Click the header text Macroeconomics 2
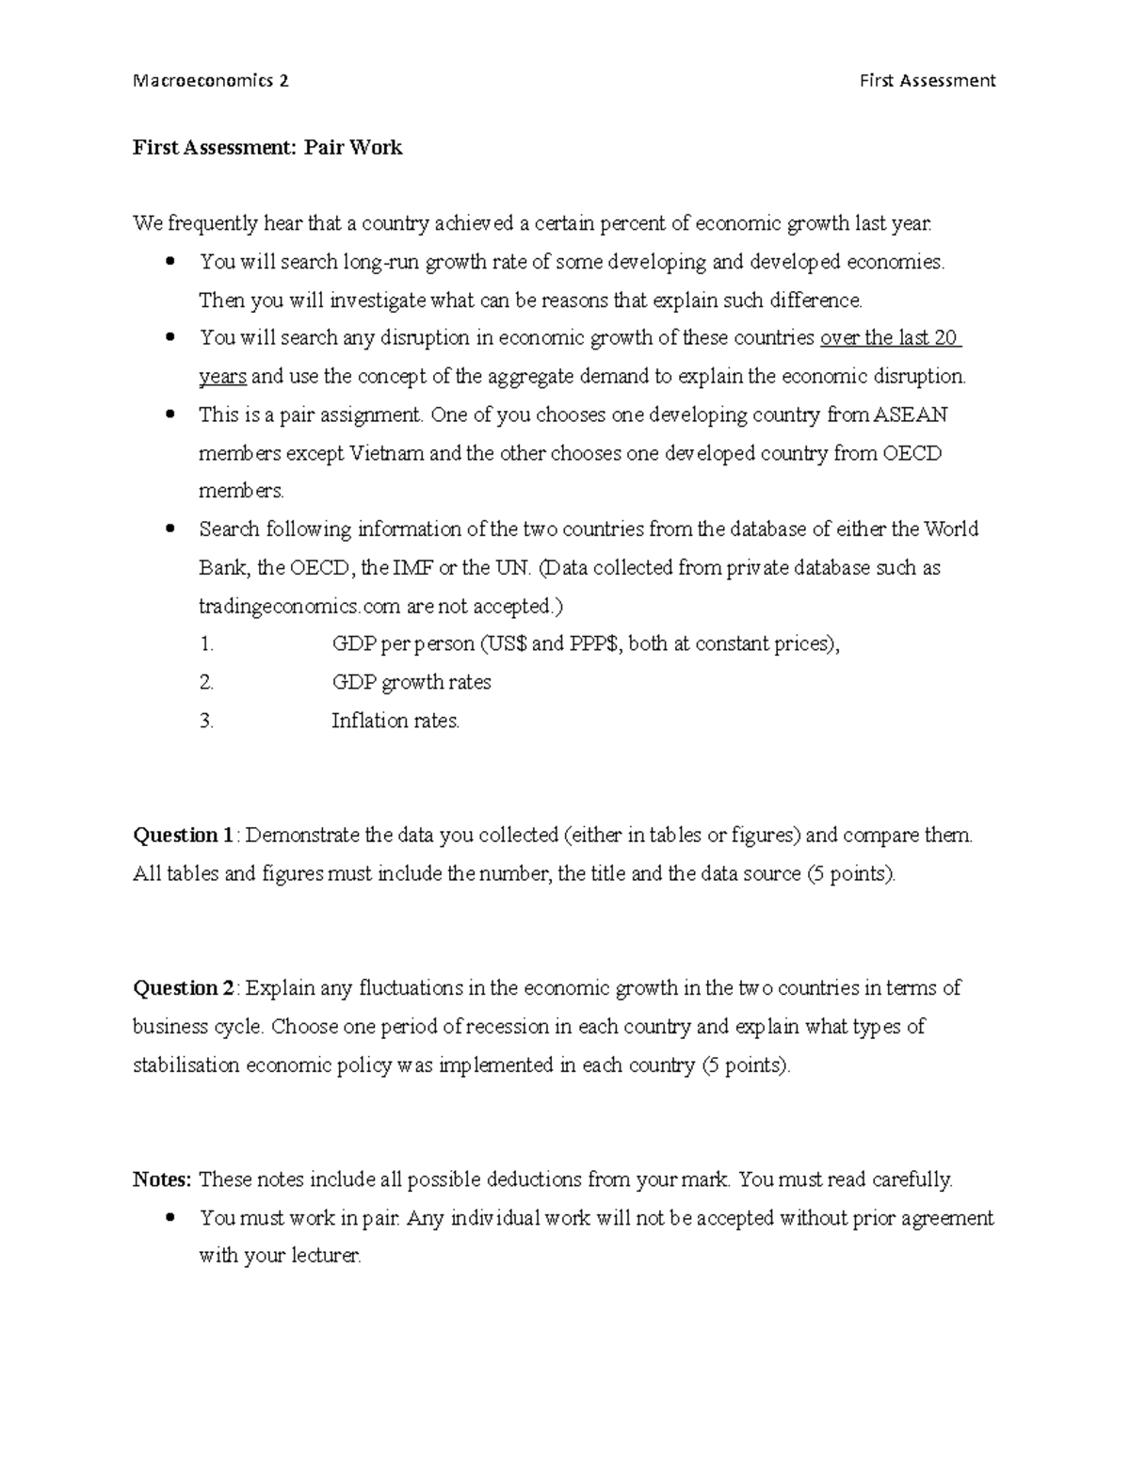(210, 80)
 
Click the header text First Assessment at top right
(927, 80)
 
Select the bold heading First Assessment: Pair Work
(267, 147)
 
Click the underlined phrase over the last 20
(890, 337)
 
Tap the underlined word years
(222, 377)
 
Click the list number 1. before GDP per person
(206, 644)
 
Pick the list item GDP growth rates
(411, 682)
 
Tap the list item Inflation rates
(395, 721)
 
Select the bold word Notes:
(162, 1179)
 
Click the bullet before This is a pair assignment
(170, 415)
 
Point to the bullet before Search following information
(170, 529)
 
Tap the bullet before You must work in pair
(170, 1218)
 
